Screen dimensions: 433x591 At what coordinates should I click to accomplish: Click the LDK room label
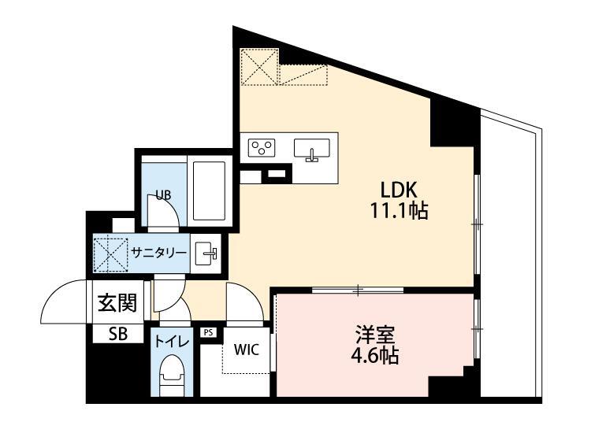403,191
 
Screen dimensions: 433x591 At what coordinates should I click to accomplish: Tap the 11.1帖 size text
403,210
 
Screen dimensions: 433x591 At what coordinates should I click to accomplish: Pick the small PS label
208,332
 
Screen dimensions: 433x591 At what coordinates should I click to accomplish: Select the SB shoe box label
117,333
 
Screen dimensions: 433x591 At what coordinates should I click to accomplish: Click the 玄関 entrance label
117,303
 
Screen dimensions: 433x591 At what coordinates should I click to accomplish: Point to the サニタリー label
158,253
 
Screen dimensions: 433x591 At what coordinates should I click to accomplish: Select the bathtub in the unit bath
209,191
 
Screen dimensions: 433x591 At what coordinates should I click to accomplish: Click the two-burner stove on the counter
262,147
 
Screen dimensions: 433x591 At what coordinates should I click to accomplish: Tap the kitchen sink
312,147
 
